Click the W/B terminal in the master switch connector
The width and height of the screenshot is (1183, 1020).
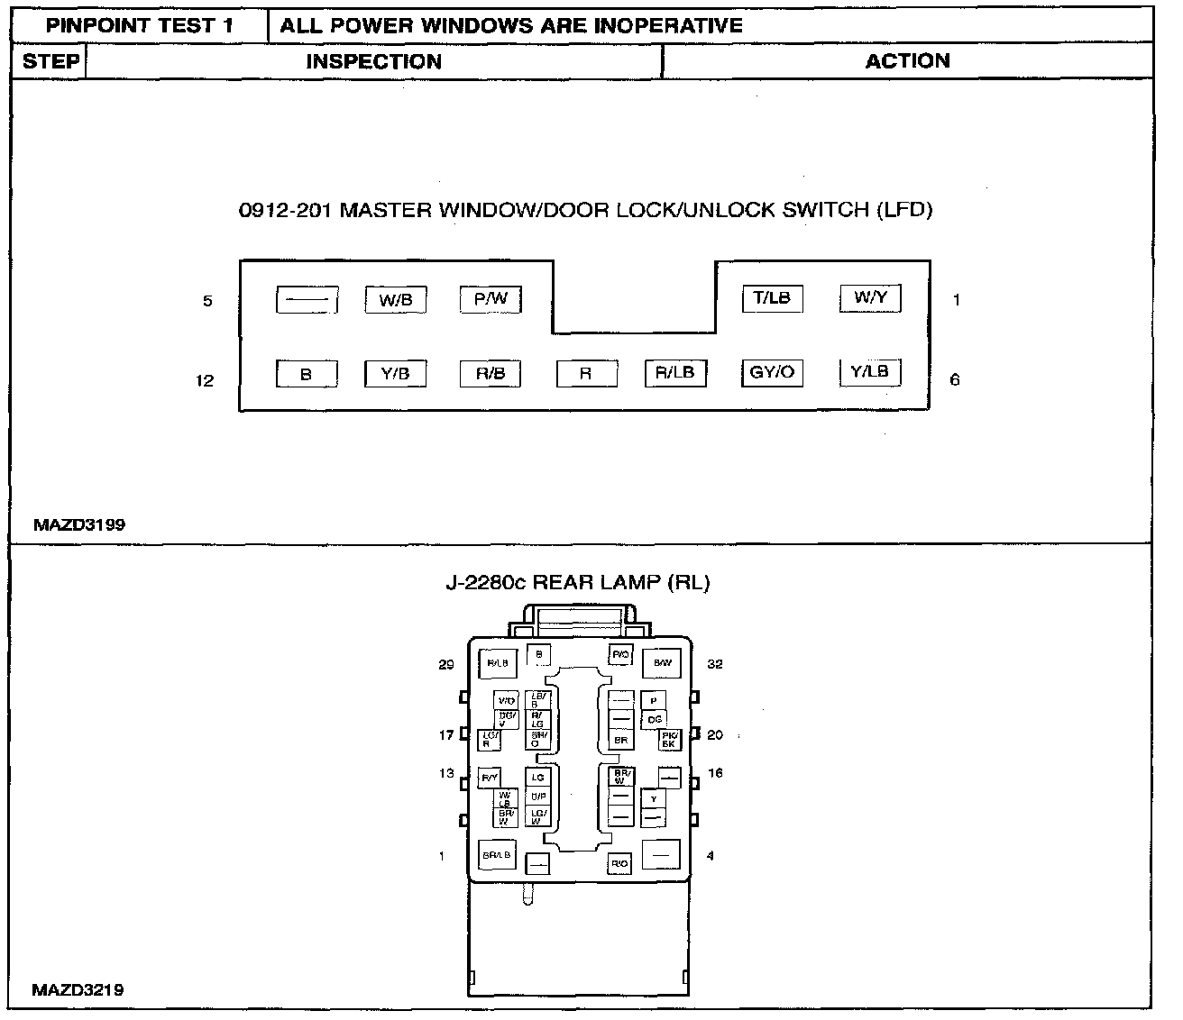395,300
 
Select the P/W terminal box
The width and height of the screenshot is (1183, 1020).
491,299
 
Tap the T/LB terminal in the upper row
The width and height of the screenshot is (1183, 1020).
772,298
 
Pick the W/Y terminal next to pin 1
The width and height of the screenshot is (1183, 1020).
870,297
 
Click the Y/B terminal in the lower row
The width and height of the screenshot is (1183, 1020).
395,374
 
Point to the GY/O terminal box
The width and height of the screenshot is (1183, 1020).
772,372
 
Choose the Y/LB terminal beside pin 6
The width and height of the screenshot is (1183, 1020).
870,371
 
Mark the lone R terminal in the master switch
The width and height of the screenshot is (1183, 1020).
586,374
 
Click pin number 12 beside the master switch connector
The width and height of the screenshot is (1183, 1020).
206,380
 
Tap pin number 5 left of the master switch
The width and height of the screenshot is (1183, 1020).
207,301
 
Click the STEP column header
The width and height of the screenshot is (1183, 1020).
50,61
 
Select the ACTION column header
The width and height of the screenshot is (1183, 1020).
907,61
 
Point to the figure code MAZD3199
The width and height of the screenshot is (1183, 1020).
79,524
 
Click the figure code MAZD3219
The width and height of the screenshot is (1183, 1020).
78,989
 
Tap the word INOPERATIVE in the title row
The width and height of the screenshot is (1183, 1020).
668,25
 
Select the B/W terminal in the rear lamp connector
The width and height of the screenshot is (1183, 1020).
662,663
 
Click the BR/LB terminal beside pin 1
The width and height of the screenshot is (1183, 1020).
497,855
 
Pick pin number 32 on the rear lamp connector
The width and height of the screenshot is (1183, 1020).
715,664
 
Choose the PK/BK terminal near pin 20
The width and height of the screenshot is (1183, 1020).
668,740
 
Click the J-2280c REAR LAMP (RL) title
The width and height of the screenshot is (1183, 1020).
578,582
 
